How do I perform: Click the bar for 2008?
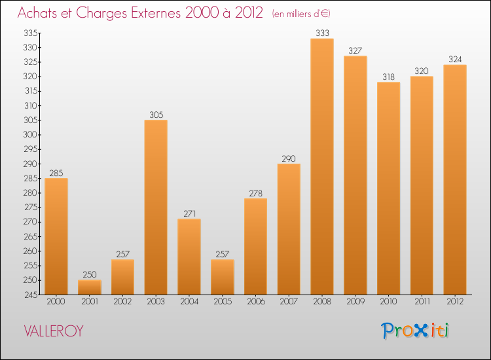[321, 166]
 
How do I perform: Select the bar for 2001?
[90, 287]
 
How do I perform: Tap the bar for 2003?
[156, 207]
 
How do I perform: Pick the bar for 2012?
[454, 179]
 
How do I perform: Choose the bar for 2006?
[255, 246]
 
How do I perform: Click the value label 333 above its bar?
[321, 33]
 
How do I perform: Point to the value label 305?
[156, 114]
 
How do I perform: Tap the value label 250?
[90, 274]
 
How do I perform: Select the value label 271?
[189, 213]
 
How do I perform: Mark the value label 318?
[388, 76]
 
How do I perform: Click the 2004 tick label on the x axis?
[189, 302]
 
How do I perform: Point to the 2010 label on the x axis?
[388, 302]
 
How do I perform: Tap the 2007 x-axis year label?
[289, 302]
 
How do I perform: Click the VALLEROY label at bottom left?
[54, 331]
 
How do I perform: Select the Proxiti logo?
[415, 331]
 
